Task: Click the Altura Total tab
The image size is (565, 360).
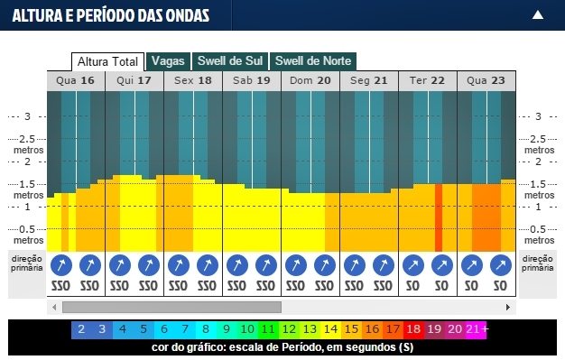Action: (x=107, y=61)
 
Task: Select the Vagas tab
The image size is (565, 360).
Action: (x=168, y=61)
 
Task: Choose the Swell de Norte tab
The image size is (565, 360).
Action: (x=312, y=61)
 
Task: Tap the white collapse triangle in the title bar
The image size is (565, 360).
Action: (x=538, y=14)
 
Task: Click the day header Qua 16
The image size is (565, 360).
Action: (x=75, y=80)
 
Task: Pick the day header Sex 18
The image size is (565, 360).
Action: (x=192, y=80)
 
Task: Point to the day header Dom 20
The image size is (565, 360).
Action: (x=310, y=80)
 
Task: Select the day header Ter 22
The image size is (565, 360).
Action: (x=427, y=80)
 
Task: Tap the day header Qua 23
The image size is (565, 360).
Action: (x=486, y=80)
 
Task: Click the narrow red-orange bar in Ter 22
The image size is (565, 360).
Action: (x=439, y=217)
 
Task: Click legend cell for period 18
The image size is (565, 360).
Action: (x=413, y=329)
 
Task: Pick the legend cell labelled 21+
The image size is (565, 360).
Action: (x=477, y=329)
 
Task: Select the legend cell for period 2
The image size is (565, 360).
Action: (x=80, y=329)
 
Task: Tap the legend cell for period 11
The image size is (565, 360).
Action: (x=268, y=329)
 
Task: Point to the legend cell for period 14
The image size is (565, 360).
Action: (x=330, y=329)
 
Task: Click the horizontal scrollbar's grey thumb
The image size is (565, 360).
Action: (x=171, y=307)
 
